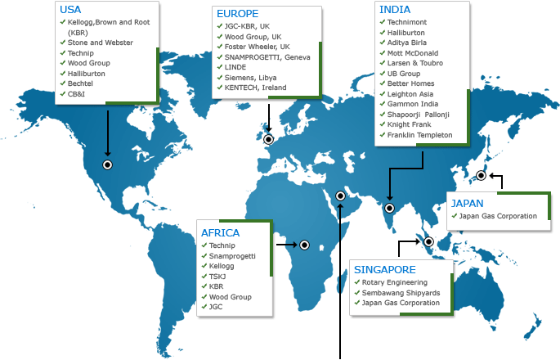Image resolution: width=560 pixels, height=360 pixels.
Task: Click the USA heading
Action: coord(70,10)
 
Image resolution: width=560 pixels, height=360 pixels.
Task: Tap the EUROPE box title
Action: coord(237,14)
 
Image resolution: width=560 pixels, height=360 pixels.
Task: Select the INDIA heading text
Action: coord(395,9)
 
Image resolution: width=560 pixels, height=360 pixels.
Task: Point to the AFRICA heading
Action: coord(221,233)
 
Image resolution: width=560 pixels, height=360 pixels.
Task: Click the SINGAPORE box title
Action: coord(384,269)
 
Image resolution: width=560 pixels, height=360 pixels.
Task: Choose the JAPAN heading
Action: coord(468,203)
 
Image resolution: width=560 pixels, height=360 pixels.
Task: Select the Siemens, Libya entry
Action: coord(250,77)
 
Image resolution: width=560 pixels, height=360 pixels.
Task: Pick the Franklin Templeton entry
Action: coord(419,135)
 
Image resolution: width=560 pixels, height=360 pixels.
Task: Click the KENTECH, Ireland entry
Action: coord(255,87)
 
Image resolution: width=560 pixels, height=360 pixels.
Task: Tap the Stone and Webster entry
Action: coord(100,43)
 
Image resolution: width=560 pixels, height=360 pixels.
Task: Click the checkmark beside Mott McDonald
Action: coord(382,53)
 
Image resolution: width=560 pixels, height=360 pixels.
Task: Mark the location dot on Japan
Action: coord(482,175)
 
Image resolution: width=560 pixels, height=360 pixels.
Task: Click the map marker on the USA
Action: coord(107,164)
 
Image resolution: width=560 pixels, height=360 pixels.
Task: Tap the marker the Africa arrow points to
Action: coord(304,245)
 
